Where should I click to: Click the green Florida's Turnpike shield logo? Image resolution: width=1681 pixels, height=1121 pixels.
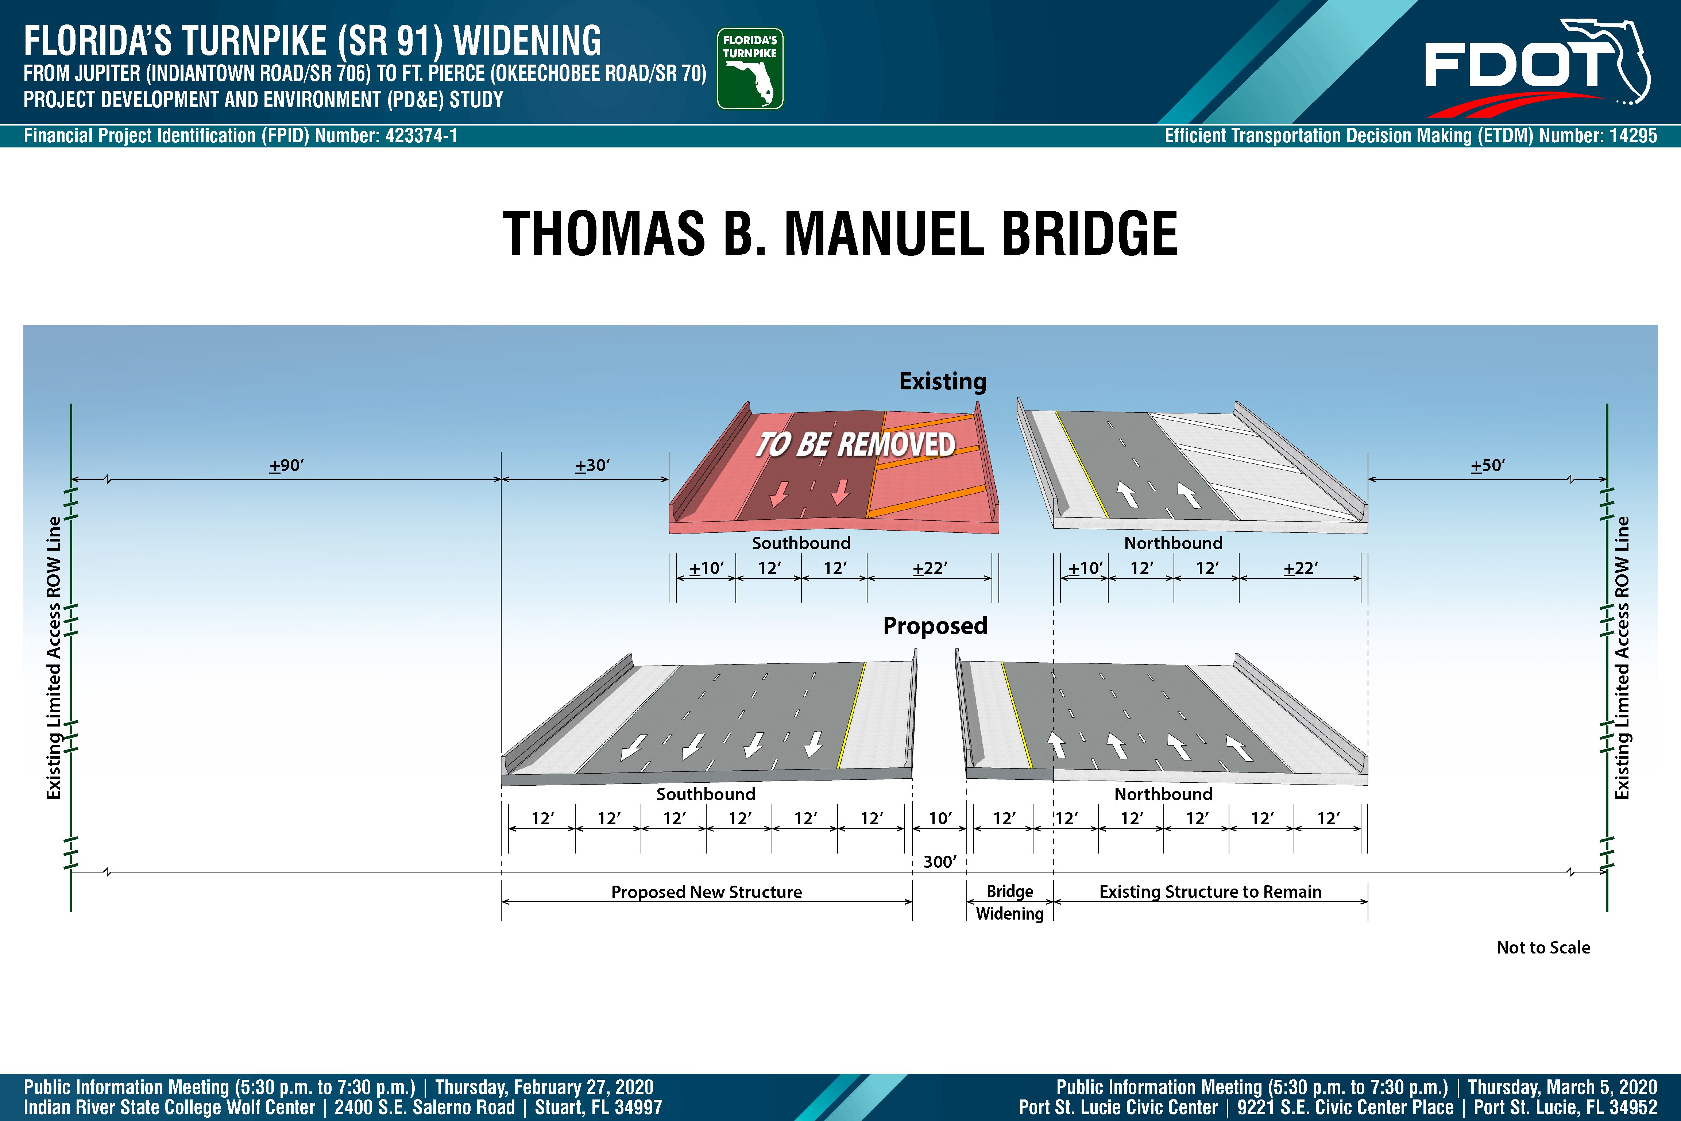pos(750,69)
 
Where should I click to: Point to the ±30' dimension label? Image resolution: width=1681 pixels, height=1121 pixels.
pos(592,465)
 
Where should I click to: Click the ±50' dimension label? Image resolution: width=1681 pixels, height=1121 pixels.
pos(1488,465)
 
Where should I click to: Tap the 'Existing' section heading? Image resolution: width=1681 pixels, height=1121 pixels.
pos(943,381)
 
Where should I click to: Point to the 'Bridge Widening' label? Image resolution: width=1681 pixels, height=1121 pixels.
pos(1010,902)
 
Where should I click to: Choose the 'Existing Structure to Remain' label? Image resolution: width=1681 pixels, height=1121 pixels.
pos(1210,891)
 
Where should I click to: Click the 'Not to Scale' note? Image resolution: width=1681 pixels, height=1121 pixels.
pos(1543,947)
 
